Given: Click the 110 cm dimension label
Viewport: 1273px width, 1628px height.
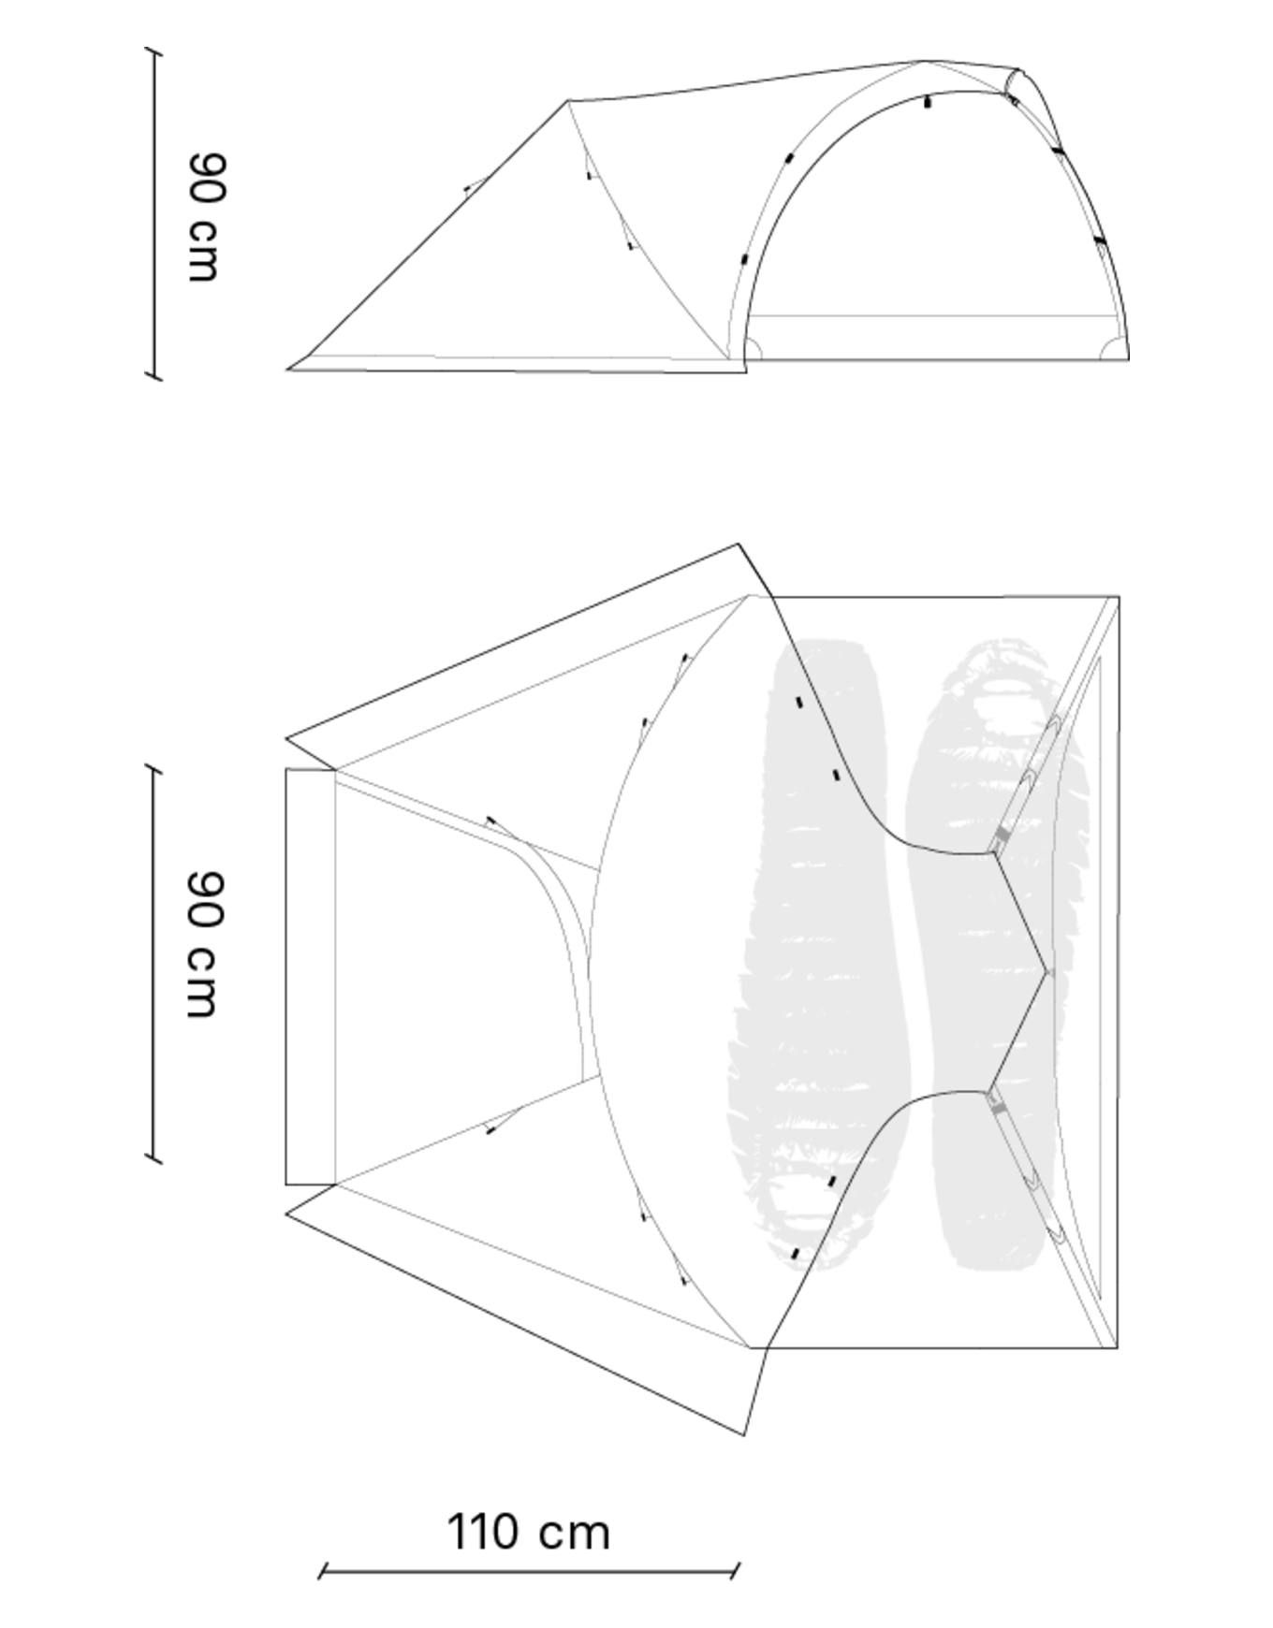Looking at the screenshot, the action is coord(529,1533).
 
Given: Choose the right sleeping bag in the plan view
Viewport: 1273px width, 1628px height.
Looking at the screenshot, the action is coord(997,950).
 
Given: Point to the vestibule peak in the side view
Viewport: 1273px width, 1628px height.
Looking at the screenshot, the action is coord(568,100).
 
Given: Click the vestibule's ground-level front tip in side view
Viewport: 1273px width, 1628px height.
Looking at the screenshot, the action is coord(288,369).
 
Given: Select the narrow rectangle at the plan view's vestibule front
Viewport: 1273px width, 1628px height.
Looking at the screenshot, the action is coord(310,977).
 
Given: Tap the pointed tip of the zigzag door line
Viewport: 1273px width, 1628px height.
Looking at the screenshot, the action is coord(1046,973).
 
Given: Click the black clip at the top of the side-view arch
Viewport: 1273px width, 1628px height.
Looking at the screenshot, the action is coord(928,102).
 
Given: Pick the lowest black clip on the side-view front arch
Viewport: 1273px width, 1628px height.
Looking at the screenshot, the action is coord(745,258).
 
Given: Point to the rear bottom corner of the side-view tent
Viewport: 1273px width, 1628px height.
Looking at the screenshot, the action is coord(1128,358).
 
